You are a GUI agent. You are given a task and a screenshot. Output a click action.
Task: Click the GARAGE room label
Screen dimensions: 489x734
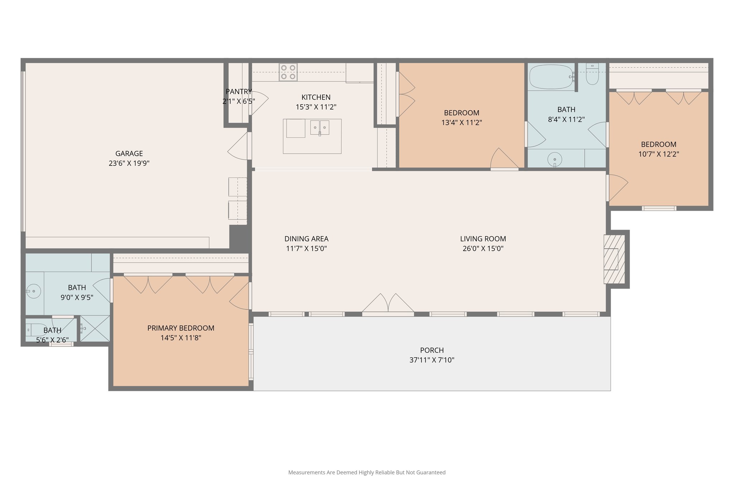pos(129,153)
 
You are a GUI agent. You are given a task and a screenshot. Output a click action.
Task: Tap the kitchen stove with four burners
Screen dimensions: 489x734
pos(288,72)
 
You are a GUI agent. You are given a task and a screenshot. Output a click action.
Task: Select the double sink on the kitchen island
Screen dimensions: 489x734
pos(320,128)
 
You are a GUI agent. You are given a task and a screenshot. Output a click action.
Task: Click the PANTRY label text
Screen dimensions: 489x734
pos(239,92)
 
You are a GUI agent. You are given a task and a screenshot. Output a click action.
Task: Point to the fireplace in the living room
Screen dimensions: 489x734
pos(614,259)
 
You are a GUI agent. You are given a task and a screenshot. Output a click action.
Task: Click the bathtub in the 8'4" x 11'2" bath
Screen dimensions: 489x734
pos(551,77)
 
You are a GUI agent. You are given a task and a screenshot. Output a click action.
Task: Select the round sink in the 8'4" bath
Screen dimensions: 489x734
pos(555,159)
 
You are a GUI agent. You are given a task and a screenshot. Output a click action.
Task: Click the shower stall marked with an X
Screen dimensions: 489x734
pos(95,328)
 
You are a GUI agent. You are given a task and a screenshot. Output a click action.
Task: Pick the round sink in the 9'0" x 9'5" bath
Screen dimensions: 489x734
pos(34,291)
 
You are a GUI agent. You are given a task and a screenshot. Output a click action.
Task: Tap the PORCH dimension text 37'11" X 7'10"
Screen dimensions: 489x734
pos(432,360)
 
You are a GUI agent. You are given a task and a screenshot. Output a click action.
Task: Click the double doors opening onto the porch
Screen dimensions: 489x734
pos(388,305)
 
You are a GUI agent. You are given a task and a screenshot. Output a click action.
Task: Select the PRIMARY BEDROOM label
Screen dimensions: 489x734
pos(181,328)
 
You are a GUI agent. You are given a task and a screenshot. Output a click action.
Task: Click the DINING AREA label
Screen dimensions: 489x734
pos(306,239)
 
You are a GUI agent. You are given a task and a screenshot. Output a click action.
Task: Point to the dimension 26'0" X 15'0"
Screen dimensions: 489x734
pos(483,249)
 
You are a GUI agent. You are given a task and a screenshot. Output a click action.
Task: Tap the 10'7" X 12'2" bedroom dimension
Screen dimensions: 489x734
pos(658,154)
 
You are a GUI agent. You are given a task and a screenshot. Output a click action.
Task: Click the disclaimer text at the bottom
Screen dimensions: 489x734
pos(367,473)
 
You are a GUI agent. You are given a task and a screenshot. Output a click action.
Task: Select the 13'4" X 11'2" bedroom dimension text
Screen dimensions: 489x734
pos(461,123)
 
